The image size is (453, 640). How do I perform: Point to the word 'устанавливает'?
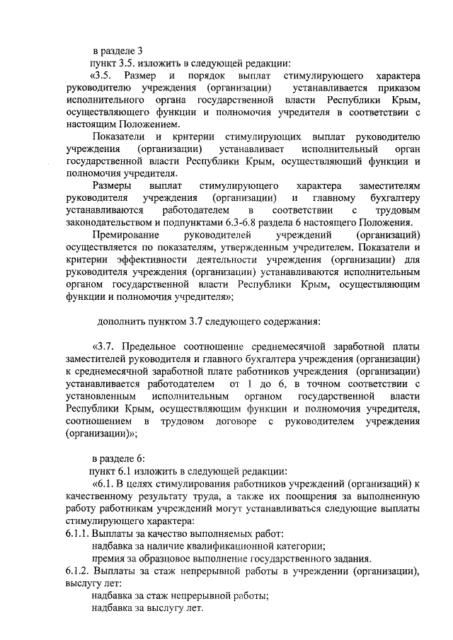[x=251, y=149]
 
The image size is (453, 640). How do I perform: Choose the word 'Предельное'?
[x=154, y=347]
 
